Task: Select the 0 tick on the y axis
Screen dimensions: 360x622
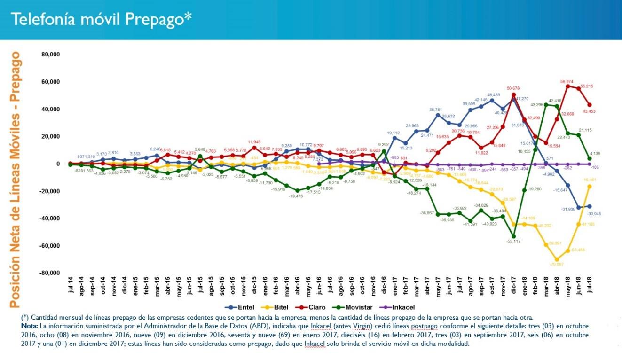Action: coord(58,164)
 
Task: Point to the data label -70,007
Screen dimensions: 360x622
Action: coord(558,264)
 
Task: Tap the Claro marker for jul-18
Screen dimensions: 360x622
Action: coord(590,105)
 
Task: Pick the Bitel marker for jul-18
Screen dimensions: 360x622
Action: coord(590,187)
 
